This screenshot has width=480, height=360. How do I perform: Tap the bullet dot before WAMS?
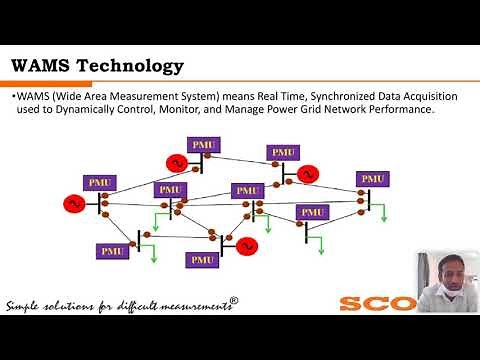pos(14,96)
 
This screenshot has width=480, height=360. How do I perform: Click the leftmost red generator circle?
pos(73,204)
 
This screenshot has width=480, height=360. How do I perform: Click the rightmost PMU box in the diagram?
pos(373,179)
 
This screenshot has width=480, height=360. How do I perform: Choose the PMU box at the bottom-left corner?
pos(113,250)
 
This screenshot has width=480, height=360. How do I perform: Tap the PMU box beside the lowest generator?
pos(203,258)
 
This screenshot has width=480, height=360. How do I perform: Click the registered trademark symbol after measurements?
pos(234,299)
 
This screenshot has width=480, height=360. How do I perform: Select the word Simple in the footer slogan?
pos(27,305)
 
